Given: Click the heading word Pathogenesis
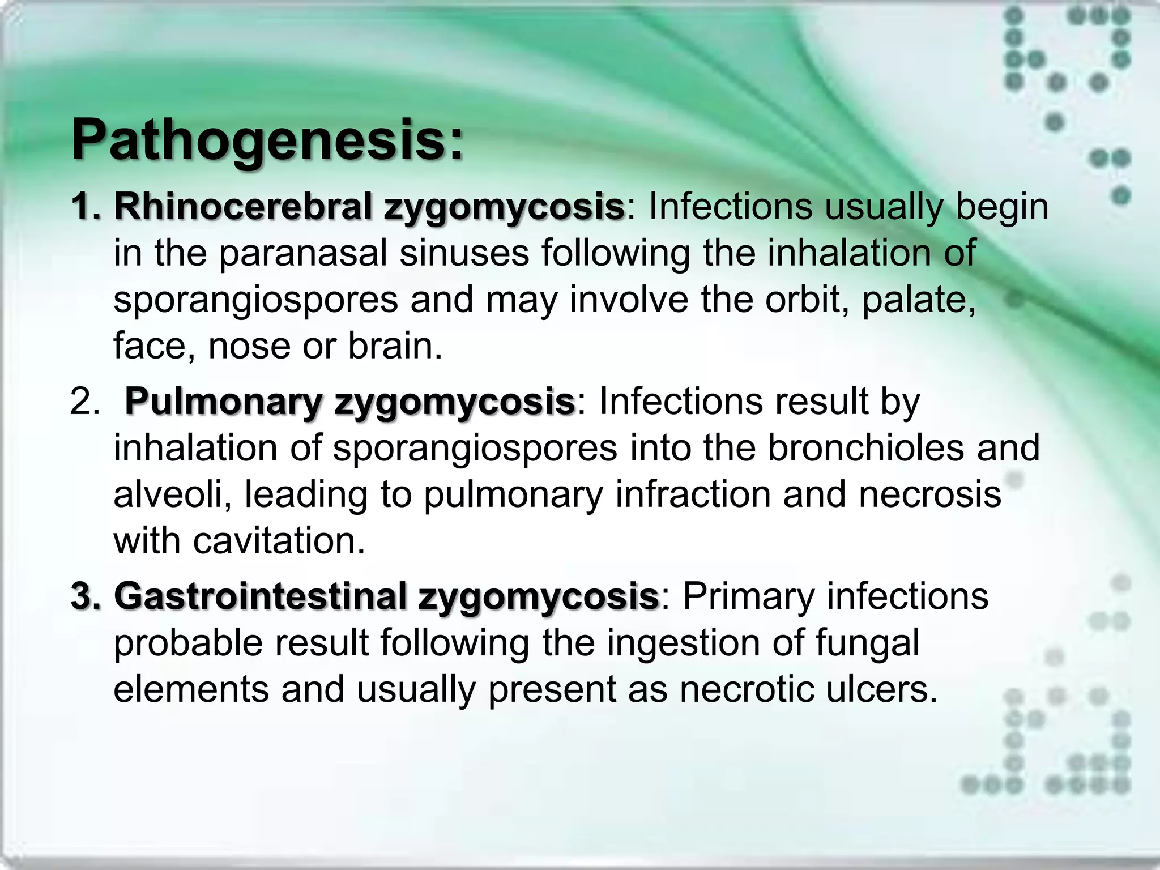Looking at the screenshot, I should [x=266, y=140].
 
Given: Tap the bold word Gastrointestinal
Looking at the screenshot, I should [x=261, y=596].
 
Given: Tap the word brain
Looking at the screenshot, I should [x=394, y=346].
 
